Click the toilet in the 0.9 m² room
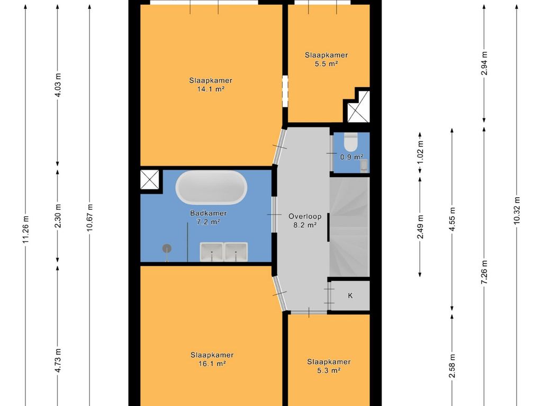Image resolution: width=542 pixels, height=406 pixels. coord(350,142)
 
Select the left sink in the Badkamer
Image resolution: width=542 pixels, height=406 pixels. coord(211,252)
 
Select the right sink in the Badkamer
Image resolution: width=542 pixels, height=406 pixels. coord(236,252)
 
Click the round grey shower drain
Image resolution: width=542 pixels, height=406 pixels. coord(167,248)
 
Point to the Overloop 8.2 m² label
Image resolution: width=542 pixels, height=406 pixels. coord(305,220)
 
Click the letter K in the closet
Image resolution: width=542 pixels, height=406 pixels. coord(350,296)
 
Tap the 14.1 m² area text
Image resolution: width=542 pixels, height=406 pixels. coord(211,89)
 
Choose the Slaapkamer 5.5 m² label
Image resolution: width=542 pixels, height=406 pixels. coord(326,59)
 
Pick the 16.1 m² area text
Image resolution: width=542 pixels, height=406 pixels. coord(212,363)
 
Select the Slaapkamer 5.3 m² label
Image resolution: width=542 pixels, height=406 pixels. coord(329,366)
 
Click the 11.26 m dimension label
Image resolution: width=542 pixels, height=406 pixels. coord(25,229)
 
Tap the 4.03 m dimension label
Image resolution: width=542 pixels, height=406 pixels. coord(58,85)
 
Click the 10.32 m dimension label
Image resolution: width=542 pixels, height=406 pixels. coord(517,210)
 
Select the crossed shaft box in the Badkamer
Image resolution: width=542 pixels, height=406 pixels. coord(150,180)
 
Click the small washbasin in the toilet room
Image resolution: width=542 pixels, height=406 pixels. coord(364,165)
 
